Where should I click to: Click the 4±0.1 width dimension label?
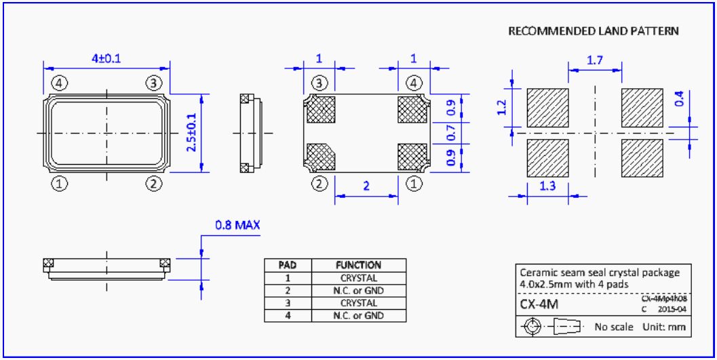(x=106, y=58)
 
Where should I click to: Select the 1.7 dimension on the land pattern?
(x=596, y=61)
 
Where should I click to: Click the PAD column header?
(x=288, y=266)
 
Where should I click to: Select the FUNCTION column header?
(x=359, y=266)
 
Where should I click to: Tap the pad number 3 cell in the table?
(x=288, y=303)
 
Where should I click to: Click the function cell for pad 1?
(x=359, y=278)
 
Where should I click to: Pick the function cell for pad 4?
(x=359, y=315)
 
